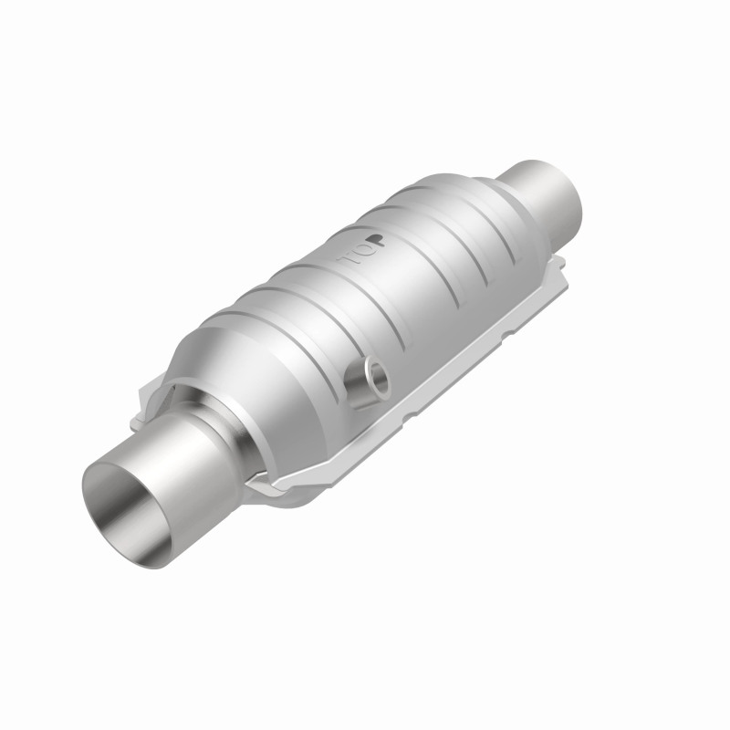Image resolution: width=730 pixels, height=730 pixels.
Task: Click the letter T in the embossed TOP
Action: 350,262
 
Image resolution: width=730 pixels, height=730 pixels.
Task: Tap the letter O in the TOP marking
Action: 362,252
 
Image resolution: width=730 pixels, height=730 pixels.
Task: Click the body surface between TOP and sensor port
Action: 365,315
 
